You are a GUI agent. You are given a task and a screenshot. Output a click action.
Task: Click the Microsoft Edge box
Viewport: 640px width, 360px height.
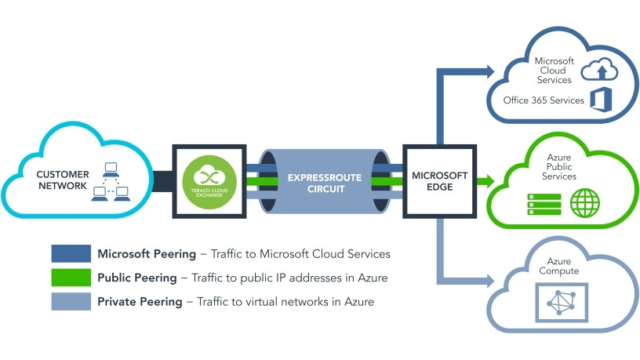[x=439, y=181]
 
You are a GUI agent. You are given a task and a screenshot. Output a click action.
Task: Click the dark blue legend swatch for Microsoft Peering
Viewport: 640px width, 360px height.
[x=71, y=254]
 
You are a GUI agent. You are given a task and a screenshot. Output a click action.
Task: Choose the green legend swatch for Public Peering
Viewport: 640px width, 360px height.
[x=71, y=278]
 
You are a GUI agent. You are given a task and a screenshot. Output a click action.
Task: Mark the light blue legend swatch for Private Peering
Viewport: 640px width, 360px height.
[x=71, y=301]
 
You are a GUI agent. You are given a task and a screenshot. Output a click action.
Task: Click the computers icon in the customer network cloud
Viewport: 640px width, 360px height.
[x=109, y=180]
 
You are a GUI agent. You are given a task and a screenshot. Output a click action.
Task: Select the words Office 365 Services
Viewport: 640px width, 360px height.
[x=544, y=100]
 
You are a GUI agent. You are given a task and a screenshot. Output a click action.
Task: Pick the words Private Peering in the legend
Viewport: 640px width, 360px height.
[x=136, y=301]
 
